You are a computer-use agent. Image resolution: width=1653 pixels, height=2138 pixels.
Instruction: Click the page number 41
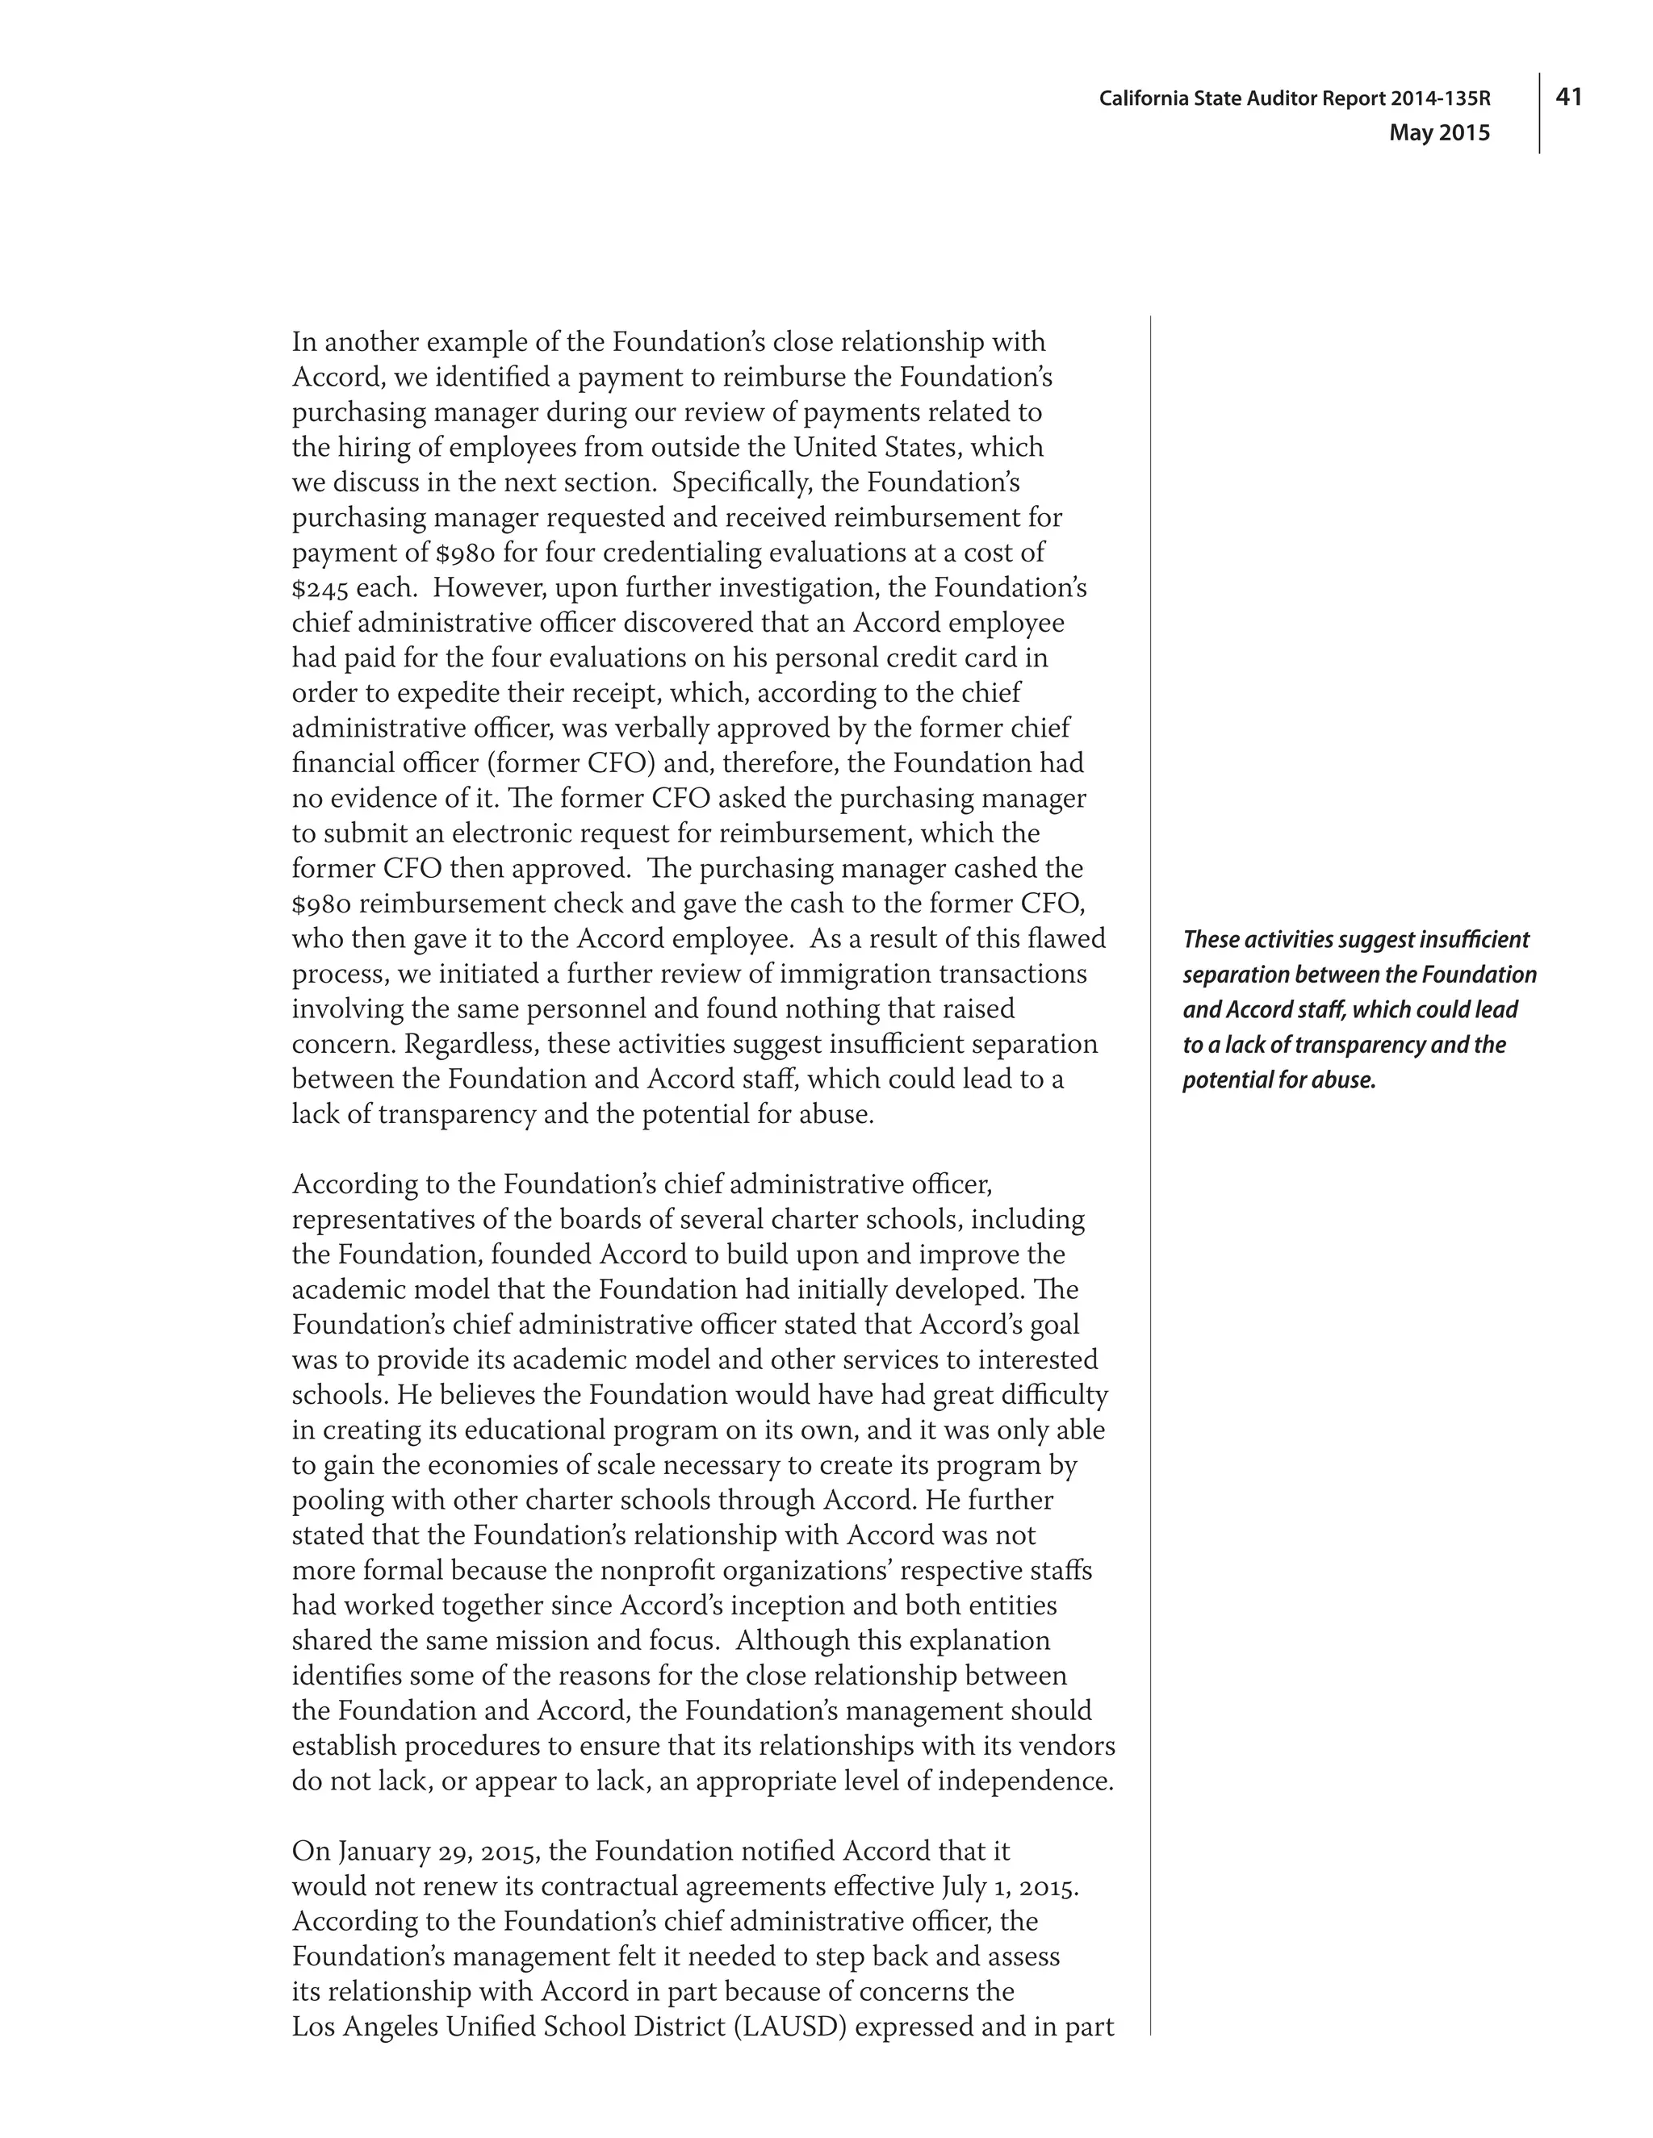(1569, 96)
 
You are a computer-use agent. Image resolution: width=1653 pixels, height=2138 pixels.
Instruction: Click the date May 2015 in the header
(1438, 133)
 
